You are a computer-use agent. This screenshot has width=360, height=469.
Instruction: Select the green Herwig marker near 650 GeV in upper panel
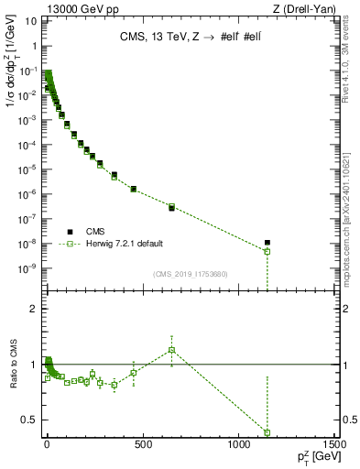171,207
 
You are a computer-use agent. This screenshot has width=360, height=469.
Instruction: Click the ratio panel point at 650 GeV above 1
171,350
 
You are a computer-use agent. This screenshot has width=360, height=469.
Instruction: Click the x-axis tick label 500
142,446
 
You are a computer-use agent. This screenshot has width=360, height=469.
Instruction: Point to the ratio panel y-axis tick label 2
34,310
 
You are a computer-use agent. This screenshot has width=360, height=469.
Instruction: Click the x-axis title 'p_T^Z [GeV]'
310,458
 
